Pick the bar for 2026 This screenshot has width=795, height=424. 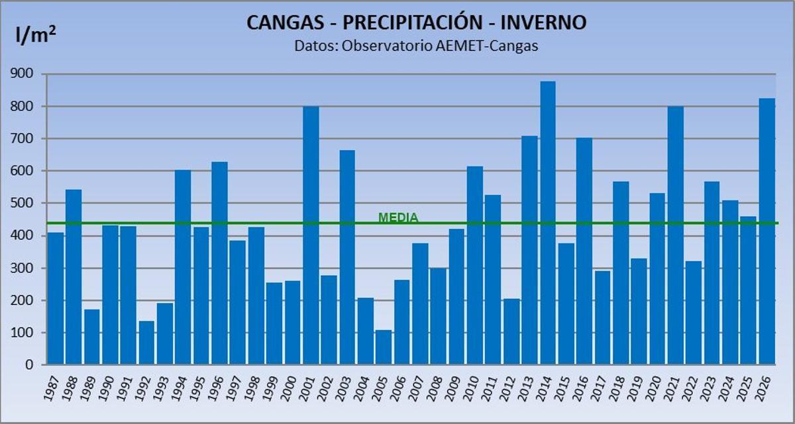point(767,232)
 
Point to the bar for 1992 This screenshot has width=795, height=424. point(146,343)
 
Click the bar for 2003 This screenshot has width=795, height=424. point(347,257)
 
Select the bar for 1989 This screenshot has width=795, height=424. point(91,337)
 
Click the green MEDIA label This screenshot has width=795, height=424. point(398,217)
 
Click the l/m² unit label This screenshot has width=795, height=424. point(35,35)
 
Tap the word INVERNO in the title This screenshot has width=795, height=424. point(543,22)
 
